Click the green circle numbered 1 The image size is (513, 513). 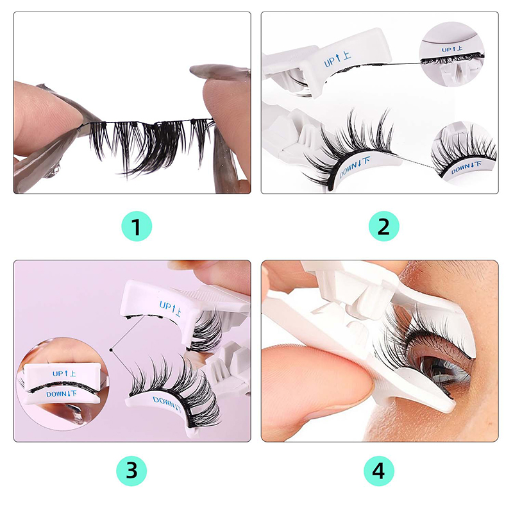click(x=137, y=226)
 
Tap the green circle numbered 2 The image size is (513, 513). click(x=383, y=226)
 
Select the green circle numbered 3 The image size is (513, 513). click(x=131, y=471)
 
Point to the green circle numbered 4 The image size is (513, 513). click(x=378, y=471)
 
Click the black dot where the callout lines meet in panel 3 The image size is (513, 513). click(x=111, y=349)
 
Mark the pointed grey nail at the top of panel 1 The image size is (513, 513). click(x=219, y=71)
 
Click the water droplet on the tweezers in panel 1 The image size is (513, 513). click(x=56, y=171)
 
